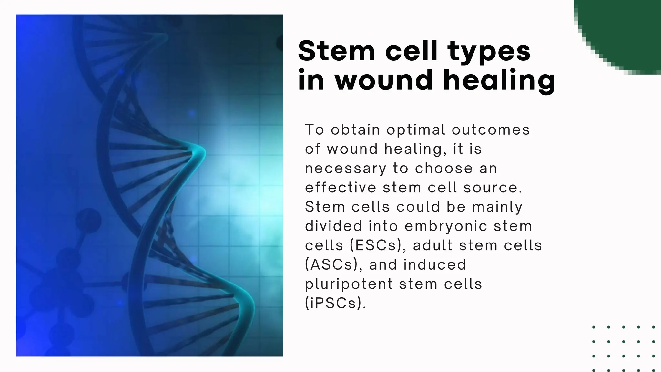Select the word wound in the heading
383,80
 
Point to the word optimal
416,130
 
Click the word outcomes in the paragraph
491,130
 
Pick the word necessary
345,169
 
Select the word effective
341,188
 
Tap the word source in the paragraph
493,188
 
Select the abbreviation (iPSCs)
336,303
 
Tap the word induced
435,265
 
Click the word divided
333,226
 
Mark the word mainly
497,207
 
